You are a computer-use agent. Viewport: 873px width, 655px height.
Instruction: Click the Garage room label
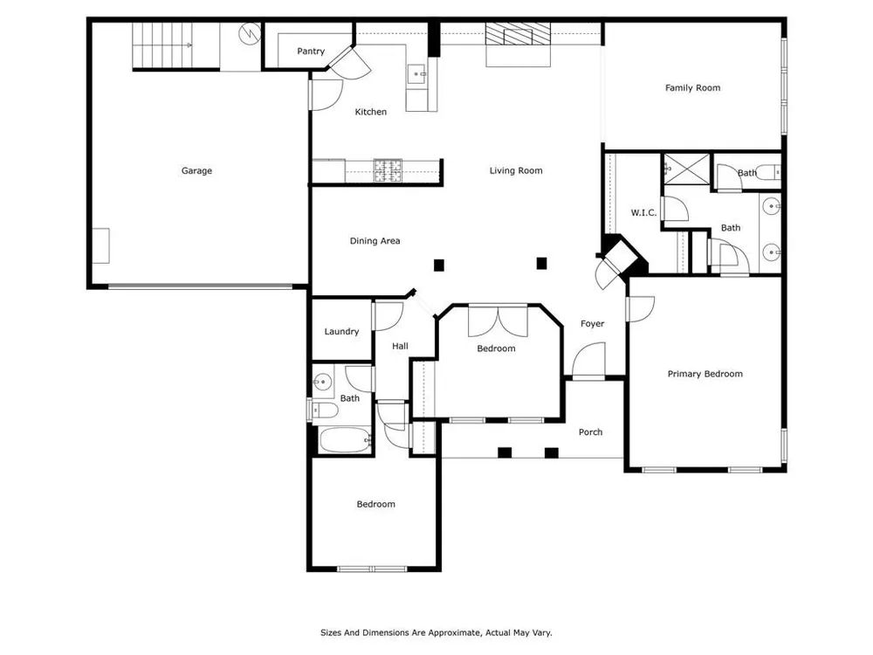pos(196,170)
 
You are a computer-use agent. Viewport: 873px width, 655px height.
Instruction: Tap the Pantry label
pos(311,52)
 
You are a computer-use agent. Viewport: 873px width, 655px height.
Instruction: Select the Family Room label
pos(692,87)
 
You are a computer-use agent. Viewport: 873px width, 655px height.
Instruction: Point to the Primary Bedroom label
pos(705,374)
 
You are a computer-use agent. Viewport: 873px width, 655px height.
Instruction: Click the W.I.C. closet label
pos(643,212)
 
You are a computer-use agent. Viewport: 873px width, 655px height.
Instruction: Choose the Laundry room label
pos(341,331)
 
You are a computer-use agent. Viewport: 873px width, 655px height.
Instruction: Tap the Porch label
pos(590,431)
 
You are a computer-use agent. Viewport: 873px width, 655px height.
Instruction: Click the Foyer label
pos(593,324)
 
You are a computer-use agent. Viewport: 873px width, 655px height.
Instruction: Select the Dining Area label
pos(375,241)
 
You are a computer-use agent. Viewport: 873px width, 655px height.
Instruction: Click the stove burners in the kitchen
pos(388,171)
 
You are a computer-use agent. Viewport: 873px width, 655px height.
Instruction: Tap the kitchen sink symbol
pos(417,73)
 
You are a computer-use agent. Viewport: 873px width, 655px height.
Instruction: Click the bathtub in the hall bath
pos(345,440)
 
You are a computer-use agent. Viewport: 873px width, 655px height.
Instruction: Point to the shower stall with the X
pos(686,169)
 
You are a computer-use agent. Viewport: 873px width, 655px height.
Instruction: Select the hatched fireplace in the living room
pos(518,34)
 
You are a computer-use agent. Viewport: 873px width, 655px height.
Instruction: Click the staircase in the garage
pos(162,45)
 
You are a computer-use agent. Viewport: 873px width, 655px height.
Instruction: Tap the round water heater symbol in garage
pos(250,34)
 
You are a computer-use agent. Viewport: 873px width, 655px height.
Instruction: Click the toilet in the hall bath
pos(324,410)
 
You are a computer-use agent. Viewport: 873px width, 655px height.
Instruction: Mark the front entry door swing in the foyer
pos(588,361)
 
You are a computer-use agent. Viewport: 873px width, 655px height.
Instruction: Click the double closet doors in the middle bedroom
pos(498,321)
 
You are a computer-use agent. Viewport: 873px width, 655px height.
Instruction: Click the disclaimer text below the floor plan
pos(436,632)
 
